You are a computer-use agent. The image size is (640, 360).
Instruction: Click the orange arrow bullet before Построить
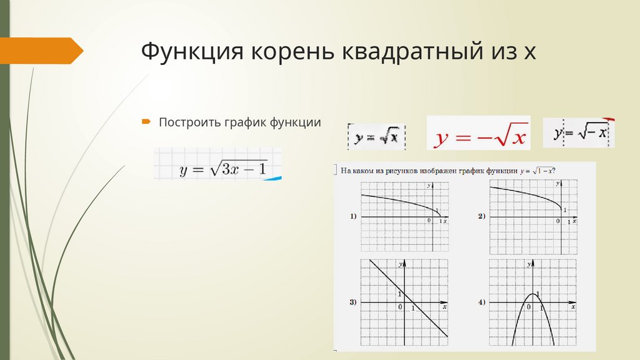[x=146, y=121]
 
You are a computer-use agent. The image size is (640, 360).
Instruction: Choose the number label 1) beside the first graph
[x=353, y=216]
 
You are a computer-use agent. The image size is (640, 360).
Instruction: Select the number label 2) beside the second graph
[x=481, y=216]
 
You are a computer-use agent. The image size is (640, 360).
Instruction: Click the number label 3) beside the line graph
[x=353, y=302]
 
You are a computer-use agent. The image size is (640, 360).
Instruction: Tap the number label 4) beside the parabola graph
[x=482, y=302]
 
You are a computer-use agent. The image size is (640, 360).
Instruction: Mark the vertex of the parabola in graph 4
[x=532, y=294]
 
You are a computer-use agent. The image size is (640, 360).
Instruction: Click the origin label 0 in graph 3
[x=400, y=307]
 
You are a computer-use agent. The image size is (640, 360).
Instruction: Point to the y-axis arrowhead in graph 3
[x=406, y=264]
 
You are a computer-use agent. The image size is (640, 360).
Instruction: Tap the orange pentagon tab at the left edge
[x=41, y=51]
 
